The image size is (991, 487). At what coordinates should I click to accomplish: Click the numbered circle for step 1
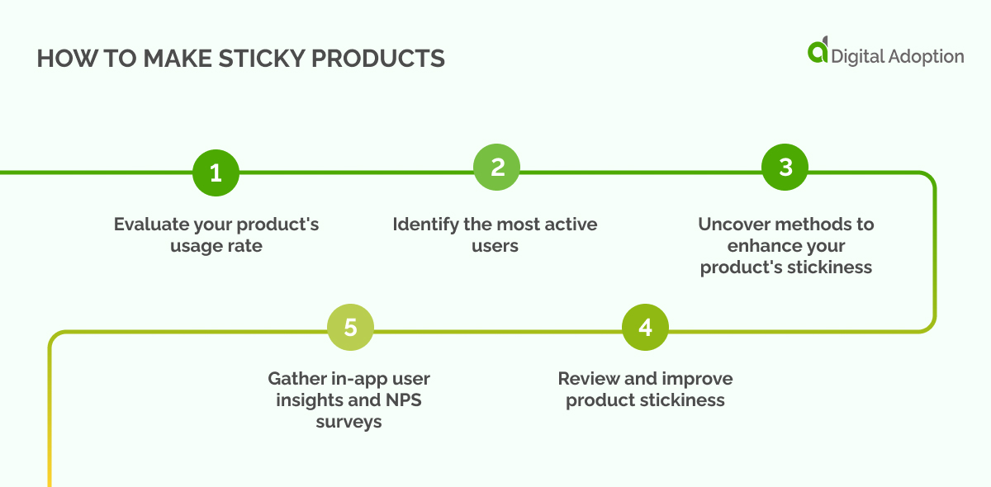216,173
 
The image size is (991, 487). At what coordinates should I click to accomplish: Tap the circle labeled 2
497,168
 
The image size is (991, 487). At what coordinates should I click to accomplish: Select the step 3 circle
785,168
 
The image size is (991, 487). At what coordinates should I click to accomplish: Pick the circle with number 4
645,328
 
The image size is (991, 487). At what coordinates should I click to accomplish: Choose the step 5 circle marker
350,328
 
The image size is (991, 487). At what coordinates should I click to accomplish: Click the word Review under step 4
588,379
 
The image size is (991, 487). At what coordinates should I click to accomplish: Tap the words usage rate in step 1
216,246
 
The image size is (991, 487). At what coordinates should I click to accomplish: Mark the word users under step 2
495,246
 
